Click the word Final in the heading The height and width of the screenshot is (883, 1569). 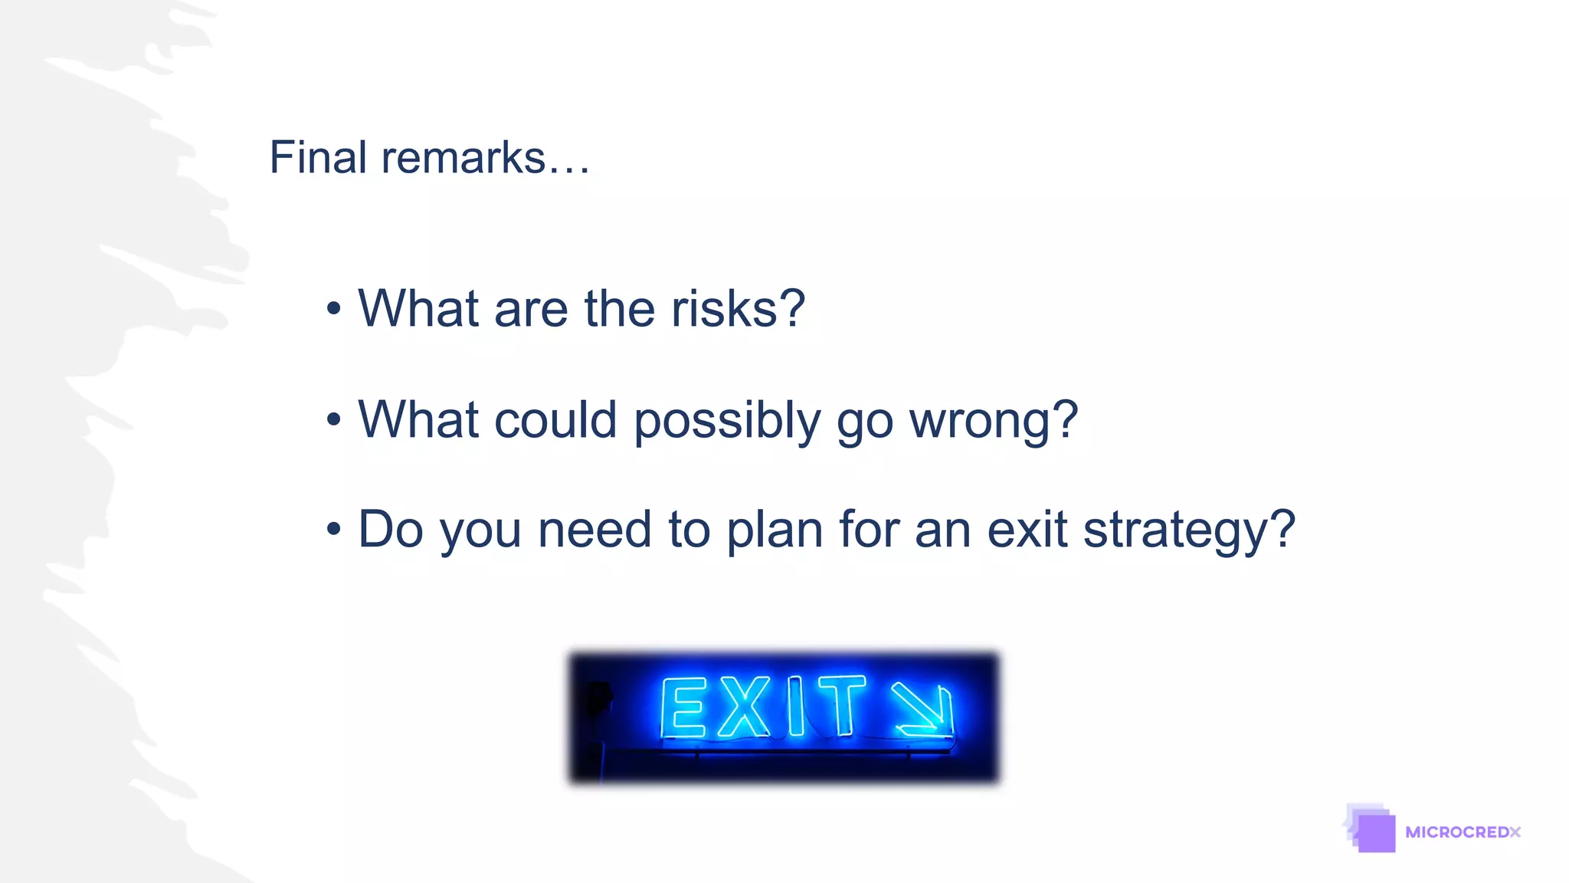tap(318, 158)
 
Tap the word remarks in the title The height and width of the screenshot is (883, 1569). tap(463, 158)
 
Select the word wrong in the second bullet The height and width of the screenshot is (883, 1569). tap(993, 420)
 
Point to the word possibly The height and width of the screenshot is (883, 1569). tap(727, 422)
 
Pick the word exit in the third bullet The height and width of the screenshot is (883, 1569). tap(1027, 529)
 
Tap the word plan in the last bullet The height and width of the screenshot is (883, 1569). tap(774, 530)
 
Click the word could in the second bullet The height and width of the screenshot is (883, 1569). tap(555, 420)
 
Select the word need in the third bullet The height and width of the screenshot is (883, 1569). tap(595, 530)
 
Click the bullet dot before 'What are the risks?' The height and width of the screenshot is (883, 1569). tap(333, 309)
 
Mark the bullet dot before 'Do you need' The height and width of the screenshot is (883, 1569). tap(333, 529)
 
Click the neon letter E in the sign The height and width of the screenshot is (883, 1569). tap(682, 707)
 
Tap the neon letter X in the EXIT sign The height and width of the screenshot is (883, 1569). tap(743, 707)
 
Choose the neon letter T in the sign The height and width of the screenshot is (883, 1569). tap(842, 705)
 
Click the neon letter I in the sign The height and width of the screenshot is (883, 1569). tap(796, 706)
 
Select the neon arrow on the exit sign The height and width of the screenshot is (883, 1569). tap(922, 709)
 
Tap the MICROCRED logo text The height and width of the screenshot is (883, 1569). tap(1463, 832)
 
